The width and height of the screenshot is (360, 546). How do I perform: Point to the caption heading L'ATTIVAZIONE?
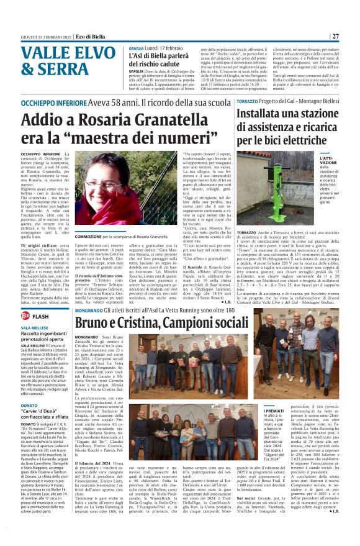(x=329, y=161)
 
